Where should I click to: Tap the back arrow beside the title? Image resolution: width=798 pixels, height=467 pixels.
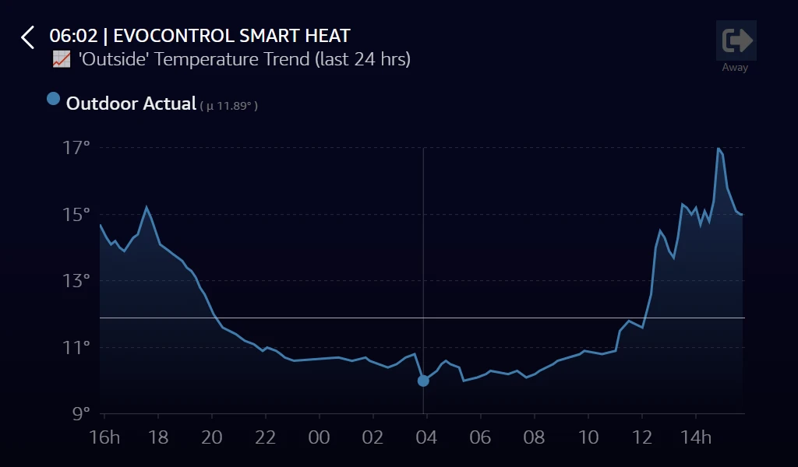(x=28, y=37)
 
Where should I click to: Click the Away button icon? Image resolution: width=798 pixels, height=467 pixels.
(x=736, y=40)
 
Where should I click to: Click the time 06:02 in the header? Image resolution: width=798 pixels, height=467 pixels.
(x=72, y=36)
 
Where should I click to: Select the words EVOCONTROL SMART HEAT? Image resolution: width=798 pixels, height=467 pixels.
(x=231, y=36)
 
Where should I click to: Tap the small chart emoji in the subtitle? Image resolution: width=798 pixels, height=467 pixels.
(x=62, y=59)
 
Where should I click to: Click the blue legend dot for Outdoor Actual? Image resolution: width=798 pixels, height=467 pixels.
(x=53, y=99)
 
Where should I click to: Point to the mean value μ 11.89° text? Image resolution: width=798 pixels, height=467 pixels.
(x=228, y=105)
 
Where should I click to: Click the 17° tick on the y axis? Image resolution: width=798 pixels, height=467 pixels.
(x=76, y=147)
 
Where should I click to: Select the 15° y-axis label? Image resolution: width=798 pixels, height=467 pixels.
(x=76, y=214)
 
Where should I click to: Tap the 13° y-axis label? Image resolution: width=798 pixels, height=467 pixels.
(x=76, y=280)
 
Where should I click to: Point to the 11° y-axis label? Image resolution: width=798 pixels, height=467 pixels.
(x=76, y=347)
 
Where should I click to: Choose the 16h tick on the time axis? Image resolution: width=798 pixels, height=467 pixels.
(x=104, y=437)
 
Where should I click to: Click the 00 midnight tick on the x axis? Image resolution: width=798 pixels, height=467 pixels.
(x=320, y=437)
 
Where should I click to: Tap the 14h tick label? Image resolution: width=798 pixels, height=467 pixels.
(x=697, y=437)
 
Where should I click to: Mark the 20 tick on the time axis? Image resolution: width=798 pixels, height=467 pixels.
(x=212, y=437)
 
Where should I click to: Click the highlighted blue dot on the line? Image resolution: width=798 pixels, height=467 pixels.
(x=423, y=381)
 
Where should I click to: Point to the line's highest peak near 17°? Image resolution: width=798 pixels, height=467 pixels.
(x=718, y=148)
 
